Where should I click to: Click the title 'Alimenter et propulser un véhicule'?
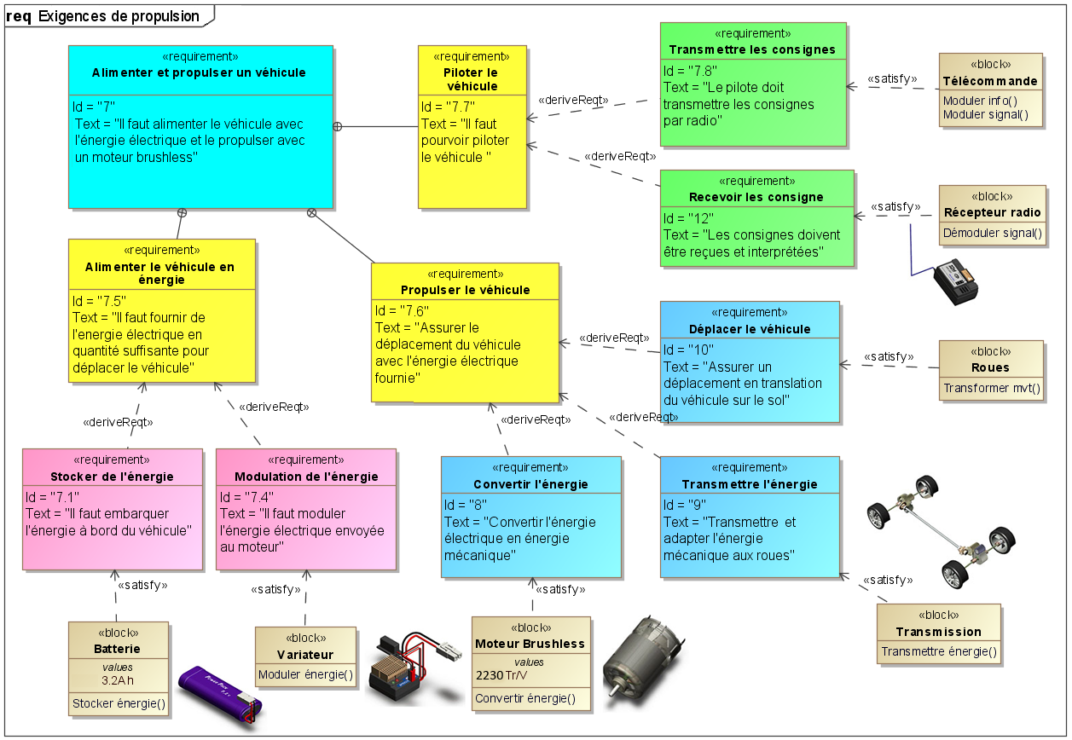click(199, 73)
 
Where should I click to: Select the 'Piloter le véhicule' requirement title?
click(471, 79)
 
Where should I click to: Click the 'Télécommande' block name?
click(990, 81)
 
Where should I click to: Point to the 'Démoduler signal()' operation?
click(993, 233)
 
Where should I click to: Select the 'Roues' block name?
click(990, 368)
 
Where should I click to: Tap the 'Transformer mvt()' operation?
click(991, 389)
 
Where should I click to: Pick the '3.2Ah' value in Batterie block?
click(118, 681)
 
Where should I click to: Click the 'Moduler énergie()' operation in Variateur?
click(305, 675)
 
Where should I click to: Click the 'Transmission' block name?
click(938, 632)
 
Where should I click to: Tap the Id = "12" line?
click(689, 217)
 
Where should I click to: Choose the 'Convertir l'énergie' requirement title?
click(530, 484)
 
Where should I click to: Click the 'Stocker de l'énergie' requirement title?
click(112, 477)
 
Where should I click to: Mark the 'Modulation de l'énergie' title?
click(305, 477)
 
